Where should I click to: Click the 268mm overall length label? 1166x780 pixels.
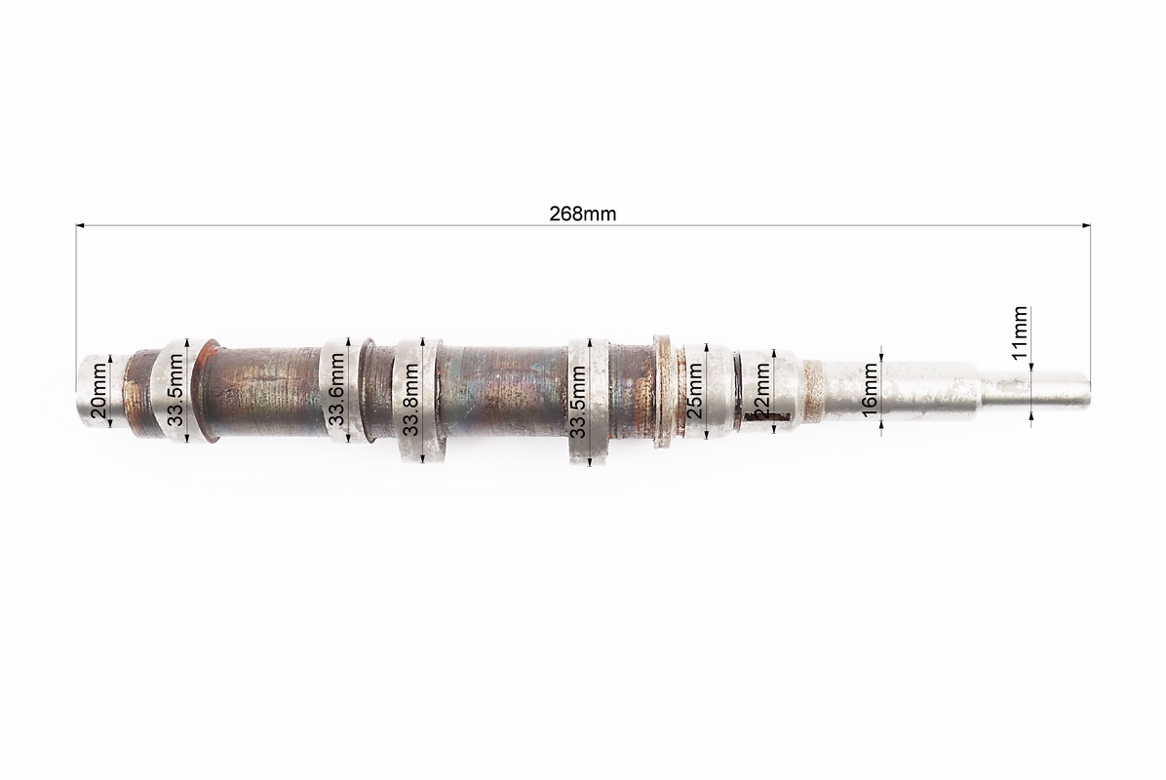click(583, 214)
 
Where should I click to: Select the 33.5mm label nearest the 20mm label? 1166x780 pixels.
click(175, 389)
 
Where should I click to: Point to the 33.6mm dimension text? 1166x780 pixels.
click(336, 389)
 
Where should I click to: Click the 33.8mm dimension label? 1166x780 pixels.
click(410, 400)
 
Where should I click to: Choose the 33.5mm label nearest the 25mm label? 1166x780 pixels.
click(578, 402)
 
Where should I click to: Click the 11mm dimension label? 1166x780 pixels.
click(1020, 332)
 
